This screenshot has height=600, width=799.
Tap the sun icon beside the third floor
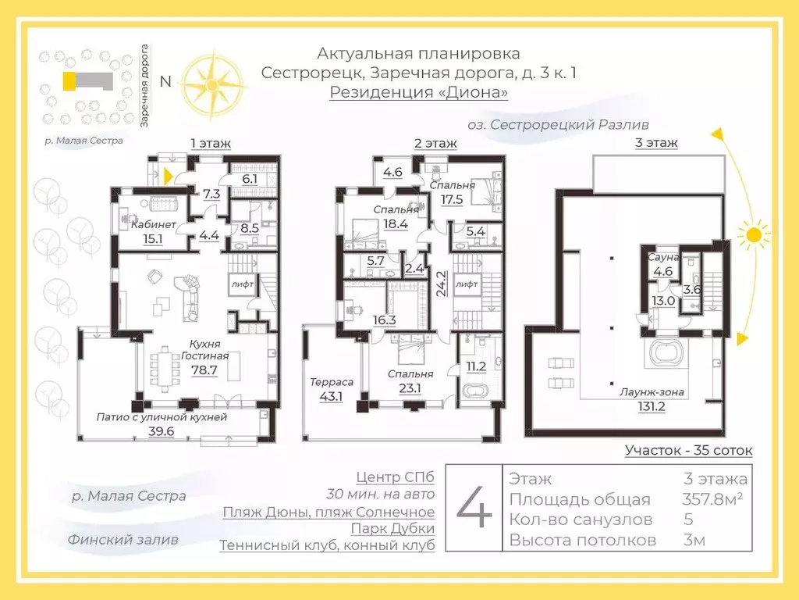click(753, 234)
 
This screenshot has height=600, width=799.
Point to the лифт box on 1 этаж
click(240, 286)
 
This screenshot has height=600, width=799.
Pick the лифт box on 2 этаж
click(467, 286)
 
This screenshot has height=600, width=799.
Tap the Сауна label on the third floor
click(663, 257)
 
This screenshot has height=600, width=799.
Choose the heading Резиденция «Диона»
click(418, 93)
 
